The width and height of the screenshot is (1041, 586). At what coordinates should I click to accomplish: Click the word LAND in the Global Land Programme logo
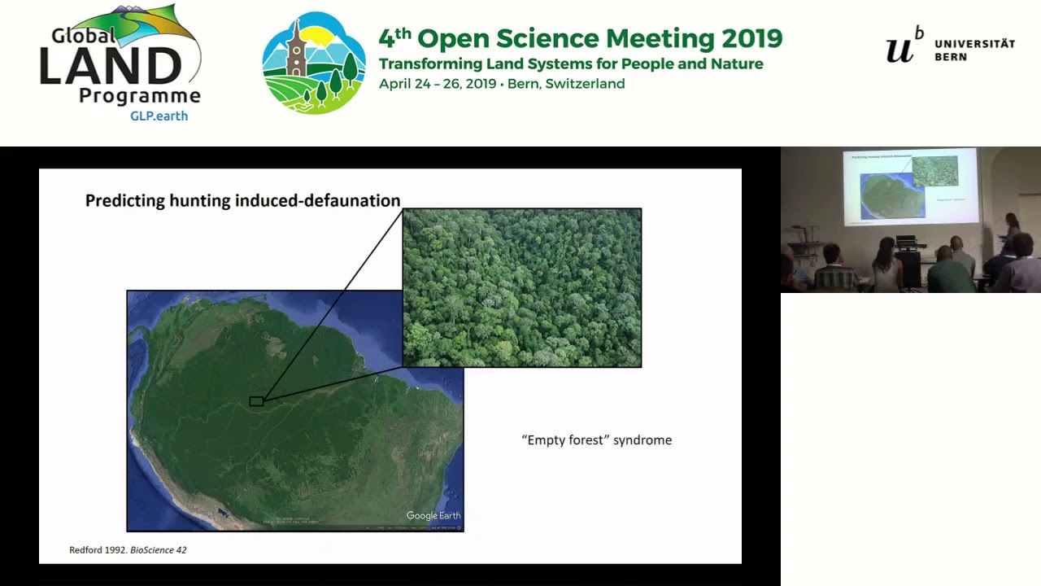click(x=111, y=66)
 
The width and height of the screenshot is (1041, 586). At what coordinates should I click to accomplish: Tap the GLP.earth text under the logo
click(x=159, y=116)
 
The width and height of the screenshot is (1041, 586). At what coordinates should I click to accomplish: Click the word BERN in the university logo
click(x=951, y=58)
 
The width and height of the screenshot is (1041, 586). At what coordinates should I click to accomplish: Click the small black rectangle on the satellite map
click(x=256, y=401)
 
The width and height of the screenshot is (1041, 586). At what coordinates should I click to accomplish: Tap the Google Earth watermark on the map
click(x=433, y=515)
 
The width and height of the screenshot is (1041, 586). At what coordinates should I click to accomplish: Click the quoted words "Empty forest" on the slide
click(x=565, y=440)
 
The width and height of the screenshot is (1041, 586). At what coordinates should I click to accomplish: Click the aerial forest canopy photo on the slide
click(x=521, y=287)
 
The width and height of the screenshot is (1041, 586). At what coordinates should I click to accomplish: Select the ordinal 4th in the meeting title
click(x=394, y=37)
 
